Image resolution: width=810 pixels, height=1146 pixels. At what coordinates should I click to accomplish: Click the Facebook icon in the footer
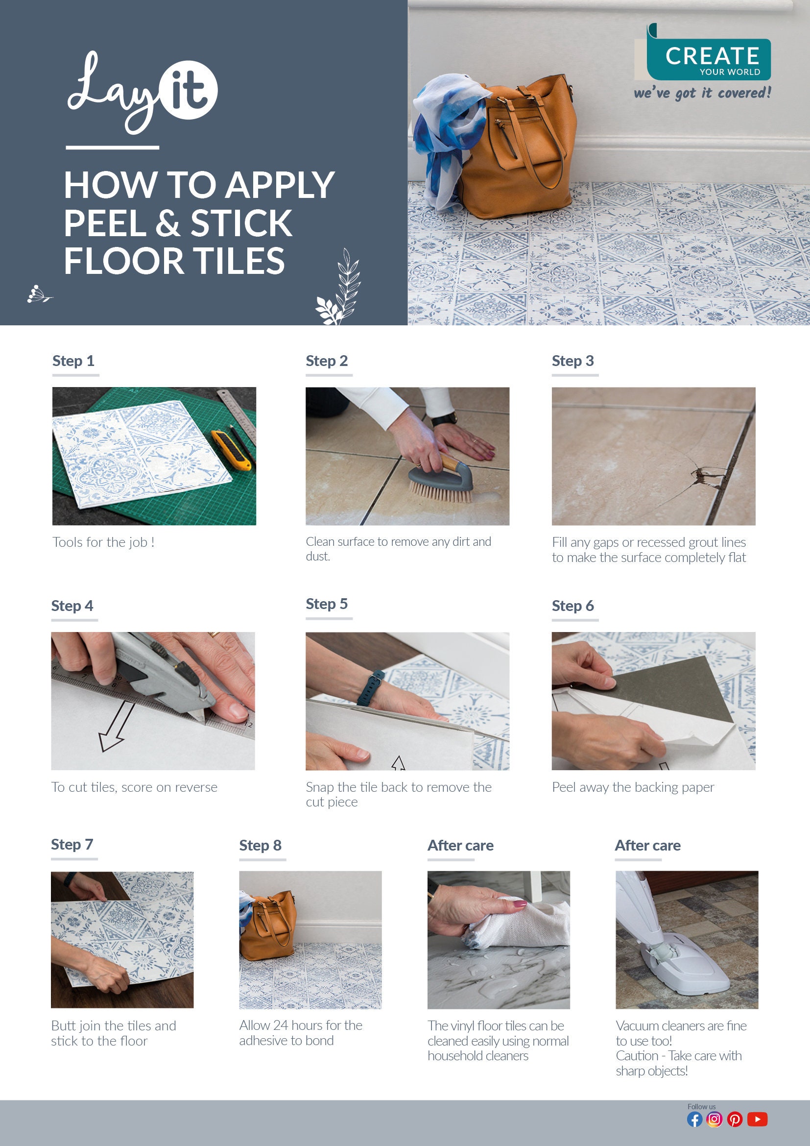(x=694, y=1119)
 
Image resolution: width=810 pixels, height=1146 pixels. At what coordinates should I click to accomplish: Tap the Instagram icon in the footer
(x=714, y=1119)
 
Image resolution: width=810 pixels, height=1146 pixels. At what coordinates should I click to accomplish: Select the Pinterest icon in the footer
(x=735, y=1119)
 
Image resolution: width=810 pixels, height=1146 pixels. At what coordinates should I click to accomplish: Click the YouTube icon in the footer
(x=757, y=1119)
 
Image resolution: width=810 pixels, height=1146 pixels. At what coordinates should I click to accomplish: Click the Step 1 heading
(x=73, y=361)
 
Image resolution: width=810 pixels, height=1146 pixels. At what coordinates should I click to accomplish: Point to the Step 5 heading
(x=327, y=604)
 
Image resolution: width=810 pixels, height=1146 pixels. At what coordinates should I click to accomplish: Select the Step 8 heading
(x=261, y=845)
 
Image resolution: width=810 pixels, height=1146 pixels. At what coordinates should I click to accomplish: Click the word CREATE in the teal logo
(x=712, y=56)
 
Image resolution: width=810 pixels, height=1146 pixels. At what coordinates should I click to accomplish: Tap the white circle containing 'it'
(x=189, y=90)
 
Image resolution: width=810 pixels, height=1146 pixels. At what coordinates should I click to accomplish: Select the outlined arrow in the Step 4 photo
(x=116, y=726)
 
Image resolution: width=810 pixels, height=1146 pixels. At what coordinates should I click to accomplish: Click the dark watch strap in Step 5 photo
(x=375, y=683)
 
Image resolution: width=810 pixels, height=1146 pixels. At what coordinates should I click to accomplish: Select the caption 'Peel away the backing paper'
(x=633, y=787)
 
